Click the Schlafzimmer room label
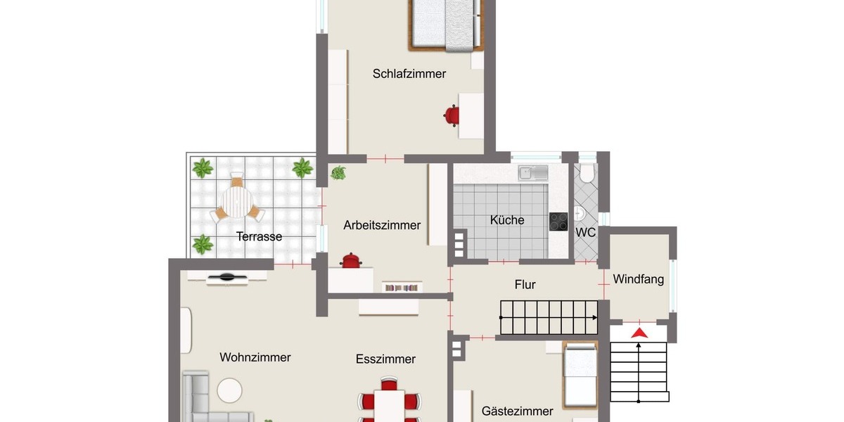coord(409,74)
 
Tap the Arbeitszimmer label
coord(382,225)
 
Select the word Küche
coord(507,220)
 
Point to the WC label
coord(586,232)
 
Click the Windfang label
coord(638,279)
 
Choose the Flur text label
coord(525,285)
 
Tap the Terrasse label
coord(259,236)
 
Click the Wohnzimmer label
coord(255,357)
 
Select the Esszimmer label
coord(385,359)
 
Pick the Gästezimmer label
coord(517,411)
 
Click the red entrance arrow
coord(639,333)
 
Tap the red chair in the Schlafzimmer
coord(452,114)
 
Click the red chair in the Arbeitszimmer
coord(350,262)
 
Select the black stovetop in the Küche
coord(558,222)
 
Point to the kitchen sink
coord(533,172)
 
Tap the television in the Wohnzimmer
coord(226,278)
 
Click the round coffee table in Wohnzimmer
coord(229,389)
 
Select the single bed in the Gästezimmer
coord(580,375)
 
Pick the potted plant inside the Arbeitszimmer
coord(338,172)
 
